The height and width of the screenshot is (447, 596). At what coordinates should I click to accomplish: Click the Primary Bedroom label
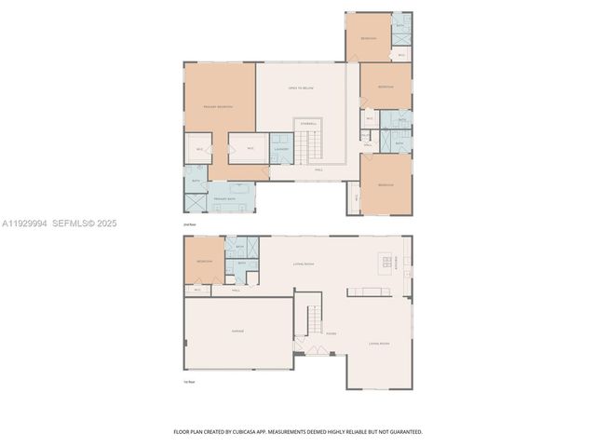point(217,107)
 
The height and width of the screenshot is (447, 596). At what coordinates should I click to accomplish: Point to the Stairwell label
point(307,123)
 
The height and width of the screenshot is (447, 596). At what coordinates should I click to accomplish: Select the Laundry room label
point(281,149)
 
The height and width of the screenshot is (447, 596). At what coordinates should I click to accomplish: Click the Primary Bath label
point(223,198)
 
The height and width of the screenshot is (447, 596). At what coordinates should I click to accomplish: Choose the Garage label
point(237,332)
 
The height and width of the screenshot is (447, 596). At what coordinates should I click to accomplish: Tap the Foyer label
point(331,333)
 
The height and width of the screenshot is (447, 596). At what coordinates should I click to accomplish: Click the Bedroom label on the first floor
point(204,261)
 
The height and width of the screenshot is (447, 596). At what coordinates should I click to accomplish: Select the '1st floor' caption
point(190,382)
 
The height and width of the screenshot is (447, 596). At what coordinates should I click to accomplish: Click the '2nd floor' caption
point(190,224)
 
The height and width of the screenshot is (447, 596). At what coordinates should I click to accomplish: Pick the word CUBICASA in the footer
point(270,432)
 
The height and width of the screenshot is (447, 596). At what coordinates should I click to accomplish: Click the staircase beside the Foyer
point(314,320)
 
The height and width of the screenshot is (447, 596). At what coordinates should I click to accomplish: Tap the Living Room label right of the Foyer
point(379,344)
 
